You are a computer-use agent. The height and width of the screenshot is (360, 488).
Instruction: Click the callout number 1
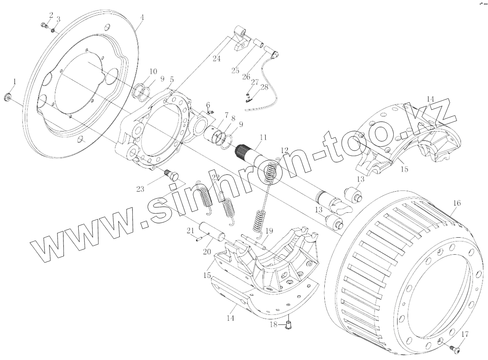pos(14,82)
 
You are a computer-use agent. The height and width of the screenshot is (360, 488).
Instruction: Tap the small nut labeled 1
pos(8,96)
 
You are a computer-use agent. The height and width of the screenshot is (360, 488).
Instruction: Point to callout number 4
pos(142,17)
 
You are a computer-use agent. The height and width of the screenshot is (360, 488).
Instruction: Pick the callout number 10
pos(208,104)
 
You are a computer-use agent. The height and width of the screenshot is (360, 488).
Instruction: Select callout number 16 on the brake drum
pos(457,203)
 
